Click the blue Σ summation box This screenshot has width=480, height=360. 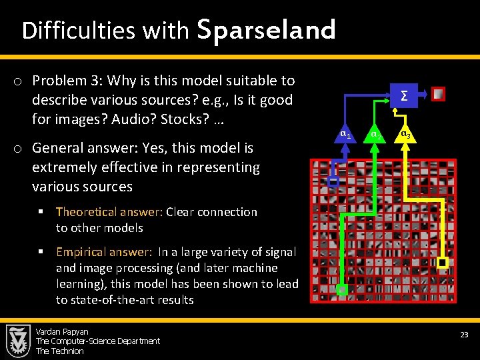(403, 95)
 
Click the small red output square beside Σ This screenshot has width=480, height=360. (437, 95)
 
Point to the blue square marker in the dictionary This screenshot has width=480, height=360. (334, 181)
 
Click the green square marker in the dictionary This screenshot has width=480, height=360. (342, 289)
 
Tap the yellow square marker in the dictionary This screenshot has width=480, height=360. (442, 263)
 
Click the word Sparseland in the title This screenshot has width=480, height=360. (267, 30)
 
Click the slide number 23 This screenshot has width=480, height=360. (464, 334)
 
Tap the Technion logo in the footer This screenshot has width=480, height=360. (18, 341)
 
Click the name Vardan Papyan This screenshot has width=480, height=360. (62, 331)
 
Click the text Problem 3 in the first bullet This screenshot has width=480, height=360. (70, 81)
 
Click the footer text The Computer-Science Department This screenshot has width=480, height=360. (98, 341)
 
